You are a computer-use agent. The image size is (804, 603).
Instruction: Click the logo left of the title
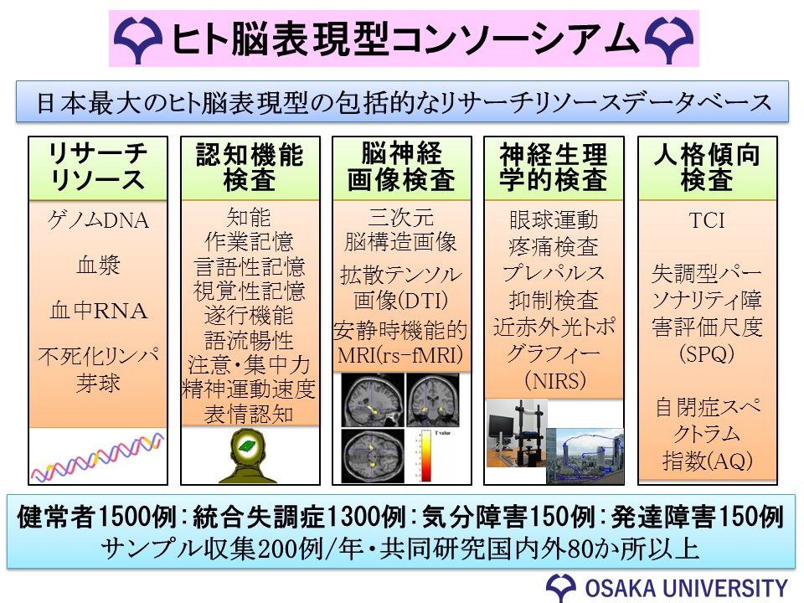pyautogui.click(x=138, y=39)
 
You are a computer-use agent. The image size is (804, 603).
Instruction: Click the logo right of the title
pyautogui.click(x=669, y=39)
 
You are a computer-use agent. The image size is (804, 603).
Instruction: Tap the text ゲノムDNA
pyautogui.click(x=98, y=220)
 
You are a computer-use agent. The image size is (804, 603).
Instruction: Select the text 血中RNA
pyautogui.click(x=98, y=311)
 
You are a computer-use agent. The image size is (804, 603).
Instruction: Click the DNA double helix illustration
pyautogui.click(x=97, y=456)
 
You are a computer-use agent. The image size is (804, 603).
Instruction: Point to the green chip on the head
pyautogui.click(x=250, y=445)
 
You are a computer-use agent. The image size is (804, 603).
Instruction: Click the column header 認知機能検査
pyautogui.click(x=250, y=167)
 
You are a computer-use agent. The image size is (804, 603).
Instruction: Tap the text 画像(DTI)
pyautogui.click(x=400, y=301)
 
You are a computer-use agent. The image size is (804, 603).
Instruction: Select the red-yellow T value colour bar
pyautogui.click(x=426, y=456)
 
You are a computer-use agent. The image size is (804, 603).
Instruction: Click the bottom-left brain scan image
pyautogui.click(x=372, y=456)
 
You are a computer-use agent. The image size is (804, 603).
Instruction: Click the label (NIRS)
pyautogui.click(x=554, y=380)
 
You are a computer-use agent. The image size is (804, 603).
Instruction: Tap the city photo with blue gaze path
pyautogui.click(x=585, y=456)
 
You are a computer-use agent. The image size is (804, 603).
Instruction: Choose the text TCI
pyautogui.click(x=707, y=220)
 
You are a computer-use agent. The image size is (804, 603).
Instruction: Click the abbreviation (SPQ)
pyautogui.click(x=707, y=353)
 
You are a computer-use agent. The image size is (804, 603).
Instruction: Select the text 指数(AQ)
pyautogui.click(x=707, y=461)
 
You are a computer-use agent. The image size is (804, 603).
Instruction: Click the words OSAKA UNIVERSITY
pyautogui.click(x=686, y=588)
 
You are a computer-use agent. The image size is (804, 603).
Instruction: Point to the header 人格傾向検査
pyautogui.click(x=707, y=167)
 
